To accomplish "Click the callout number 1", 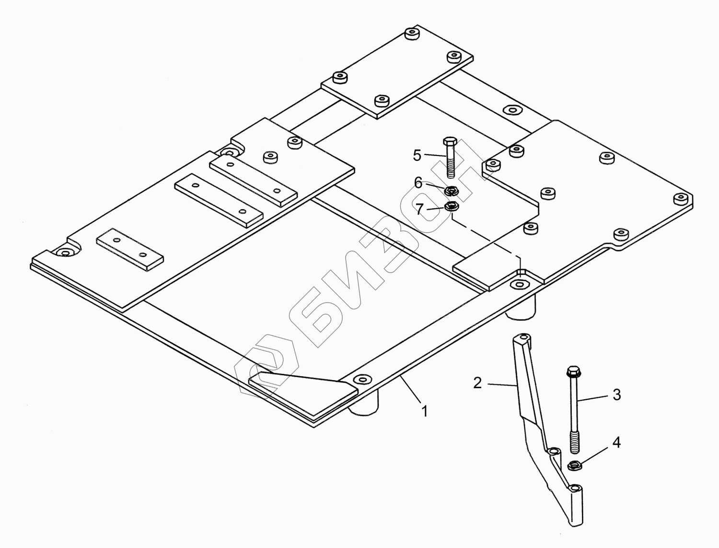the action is point(424,411).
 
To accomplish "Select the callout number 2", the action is point(477,383).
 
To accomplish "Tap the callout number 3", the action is point(616,395).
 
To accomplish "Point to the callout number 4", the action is point(616,442).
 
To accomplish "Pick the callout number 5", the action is point(417,155).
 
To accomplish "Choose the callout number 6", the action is point(418,183).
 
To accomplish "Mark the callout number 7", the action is point(419,209).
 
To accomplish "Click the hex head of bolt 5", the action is point(450,143).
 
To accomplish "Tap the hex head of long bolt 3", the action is point(572,372).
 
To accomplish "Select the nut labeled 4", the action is point(574,465).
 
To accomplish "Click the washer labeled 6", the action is point(451,191).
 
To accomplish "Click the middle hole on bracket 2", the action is point(554,452).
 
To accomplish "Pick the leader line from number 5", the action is point(434,155).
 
